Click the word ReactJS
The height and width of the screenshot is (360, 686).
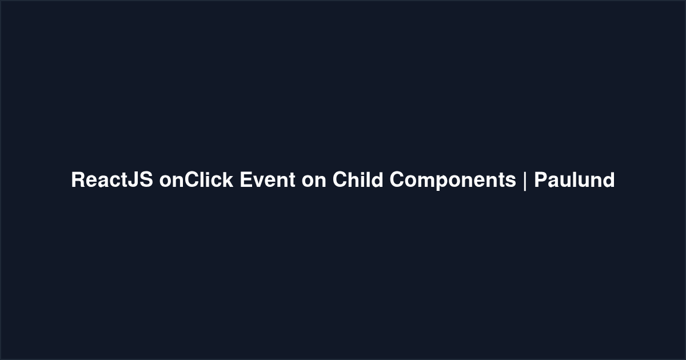point(112,179)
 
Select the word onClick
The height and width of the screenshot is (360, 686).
point(196,179)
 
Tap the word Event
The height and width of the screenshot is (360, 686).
point(268,179)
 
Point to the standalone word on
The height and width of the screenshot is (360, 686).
point(314,182)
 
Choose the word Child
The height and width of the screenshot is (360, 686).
point(358,179)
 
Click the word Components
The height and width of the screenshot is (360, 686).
point(453,181)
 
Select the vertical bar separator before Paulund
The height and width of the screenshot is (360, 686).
point(525,181)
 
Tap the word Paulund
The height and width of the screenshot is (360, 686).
point(575,179)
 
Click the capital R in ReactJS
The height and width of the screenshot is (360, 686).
point(78,179)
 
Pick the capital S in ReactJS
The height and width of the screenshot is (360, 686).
point(146,179)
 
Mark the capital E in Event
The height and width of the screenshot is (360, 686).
point(247,179)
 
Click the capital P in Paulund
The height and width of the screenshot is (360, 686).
point(541,179)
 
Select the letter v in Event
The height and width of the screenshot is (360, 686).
point(261,182)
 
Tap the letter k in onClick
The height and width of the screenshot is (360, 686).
point(227,179)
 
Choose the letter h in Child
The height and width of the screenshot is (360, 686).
point(354,179)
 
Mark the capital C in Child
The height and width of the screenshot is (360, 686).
point(340,179)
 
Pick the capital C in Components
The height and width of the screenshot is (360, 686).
point(397,179)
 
